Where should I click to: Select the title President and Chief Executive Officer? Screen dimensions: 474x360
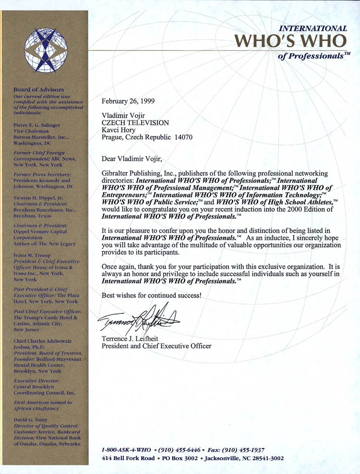156,346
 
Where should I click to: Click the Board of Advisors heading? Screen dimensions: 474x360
38,90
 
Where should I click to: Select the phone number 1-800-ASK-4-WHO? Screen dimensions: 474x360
123,450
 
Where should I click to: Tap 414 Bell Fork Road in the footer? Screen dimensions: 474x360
128,459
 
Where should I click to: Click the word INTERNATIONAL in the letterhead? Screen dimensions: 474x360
313,28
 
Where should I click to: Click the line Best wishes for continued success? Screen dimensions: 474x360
151,296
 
